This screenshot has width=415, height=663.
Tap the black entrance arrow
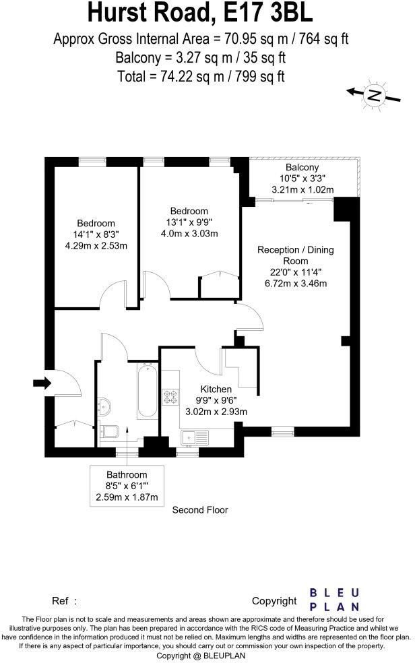(42, 383)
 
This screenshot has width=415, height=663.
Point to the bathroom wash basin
(104, 406)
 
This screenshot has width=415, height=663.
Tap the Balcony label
(302, 168)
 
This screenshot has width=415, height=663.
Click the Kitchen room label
(216, 389)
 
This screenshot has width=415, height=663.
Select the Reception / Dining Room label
(295, 255)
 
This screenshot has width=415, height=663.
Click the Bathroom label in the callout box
(127, 475)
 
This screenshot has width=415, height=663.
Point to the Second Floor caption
(200, 509)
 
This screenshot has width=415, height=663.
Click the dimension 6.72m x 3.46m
(295, 283)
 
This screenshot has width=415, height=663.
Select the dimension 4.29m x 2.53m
(96, 245)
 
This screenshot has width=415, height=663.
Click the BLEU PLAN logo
(334, 599)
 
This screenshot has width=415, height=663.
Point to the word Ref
(61, 600)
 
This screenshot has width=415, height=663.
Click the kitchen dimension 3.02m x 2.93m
(216, 412)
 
